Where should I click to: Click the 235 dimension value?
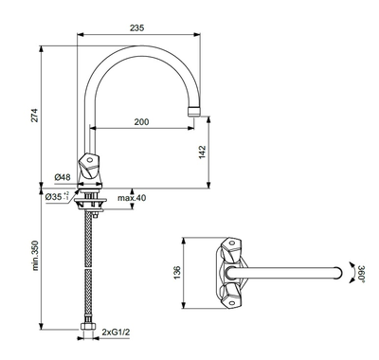point(136,27)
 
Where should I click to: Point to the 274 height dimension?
point(34,116)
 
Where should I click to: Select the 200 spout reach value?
point(141,121)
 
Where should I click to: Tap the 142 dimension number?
point(202,153)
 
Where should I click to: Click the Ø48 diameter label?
point(63,177)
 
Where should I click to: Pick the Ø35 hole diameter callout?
point(57,197)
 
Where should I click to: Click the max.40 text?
point(132,198)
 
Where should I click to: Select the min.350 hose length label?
point(35,256)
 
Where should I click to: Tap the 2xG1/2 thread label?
point(116,332)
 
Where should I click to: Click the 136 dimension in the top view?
point(177,273)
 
